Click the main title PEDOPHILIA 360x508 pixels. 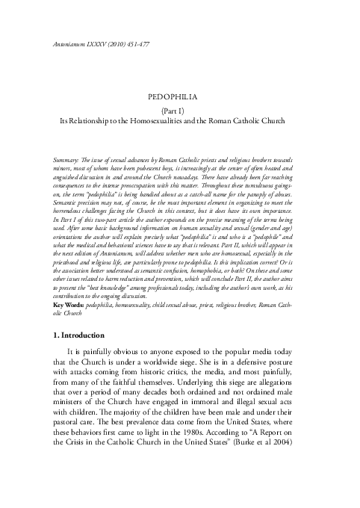179,96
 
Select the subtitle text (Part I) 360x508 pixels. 179,109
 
